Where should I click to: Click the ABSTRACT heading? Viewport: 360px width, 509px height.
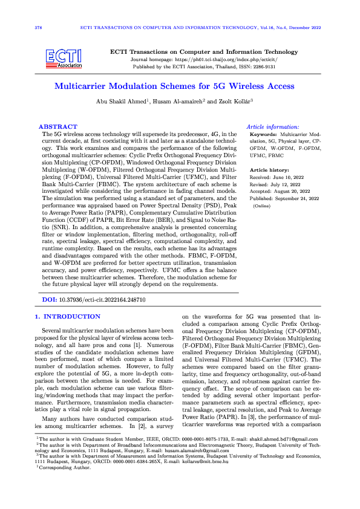point(54,127)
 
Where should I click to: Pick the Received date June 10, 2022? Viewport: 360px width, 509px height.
point(289,178)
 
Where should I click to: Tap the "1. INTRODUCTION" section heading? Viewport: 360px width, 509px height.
point(68,317)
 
